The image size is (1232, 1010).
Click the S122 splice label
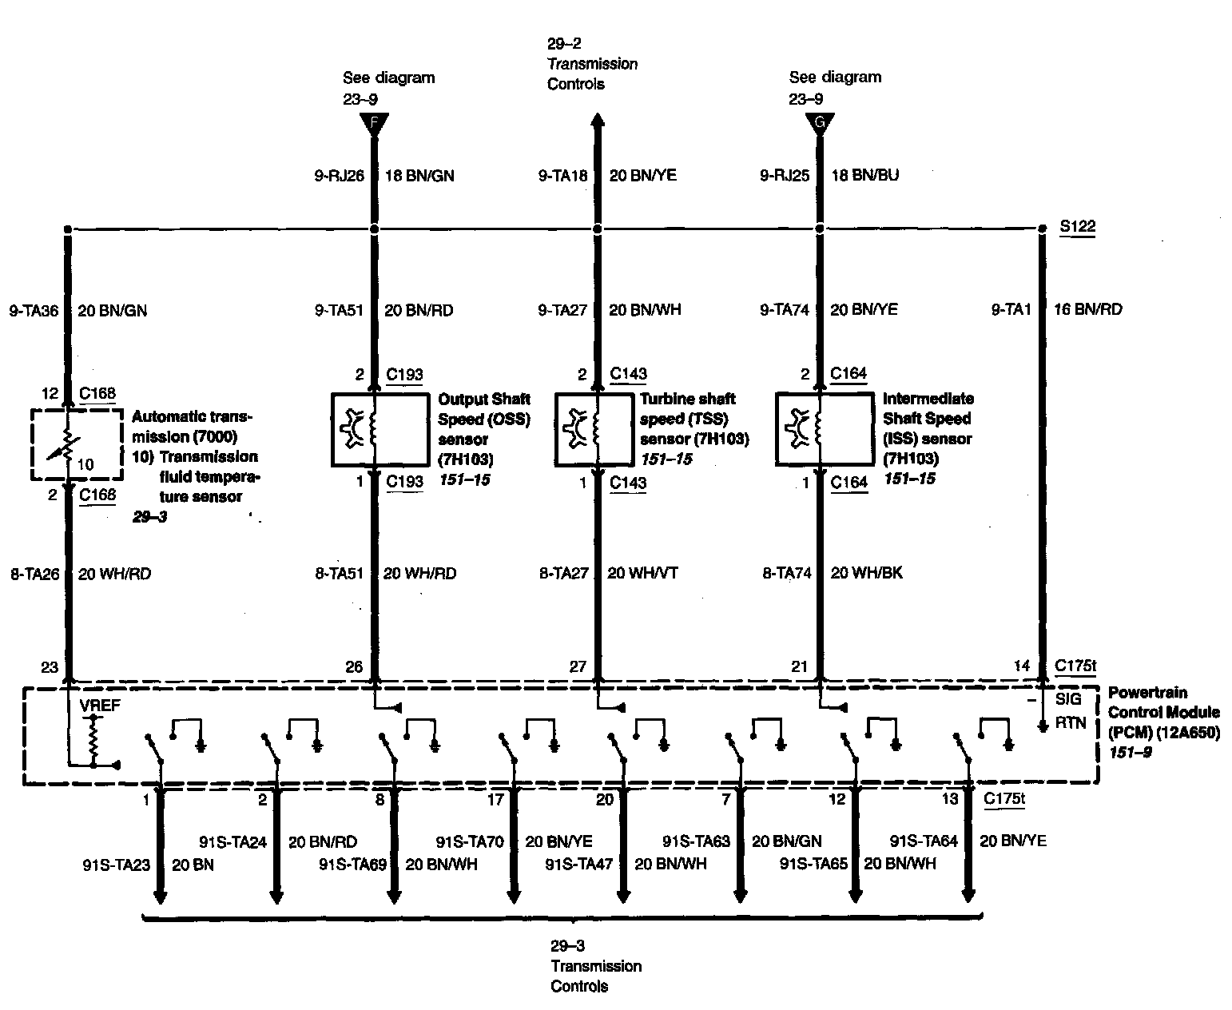1077,227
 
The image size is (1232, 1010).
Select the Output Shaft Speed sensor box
379,429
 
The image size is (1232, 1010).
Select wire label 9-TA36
34,311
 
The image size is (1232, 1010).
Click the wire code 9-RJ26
339,175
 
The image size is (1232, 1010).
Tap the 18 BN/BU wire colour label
864,175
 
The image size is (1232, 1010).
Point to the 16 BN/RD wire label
1087,309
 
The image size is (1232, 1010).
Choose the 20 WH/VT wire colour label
642,573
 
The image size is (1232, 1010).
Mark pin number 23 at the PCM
50,667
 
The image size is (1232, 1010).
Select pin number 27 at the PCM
577,667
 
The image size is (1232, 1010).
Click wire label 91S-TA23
116,865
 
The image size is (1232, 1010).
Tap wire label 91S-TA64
923,841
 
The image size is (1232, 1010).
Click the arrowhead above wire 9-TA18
596,120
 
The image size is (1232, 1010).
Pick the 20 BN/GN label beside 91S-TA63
786,841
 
